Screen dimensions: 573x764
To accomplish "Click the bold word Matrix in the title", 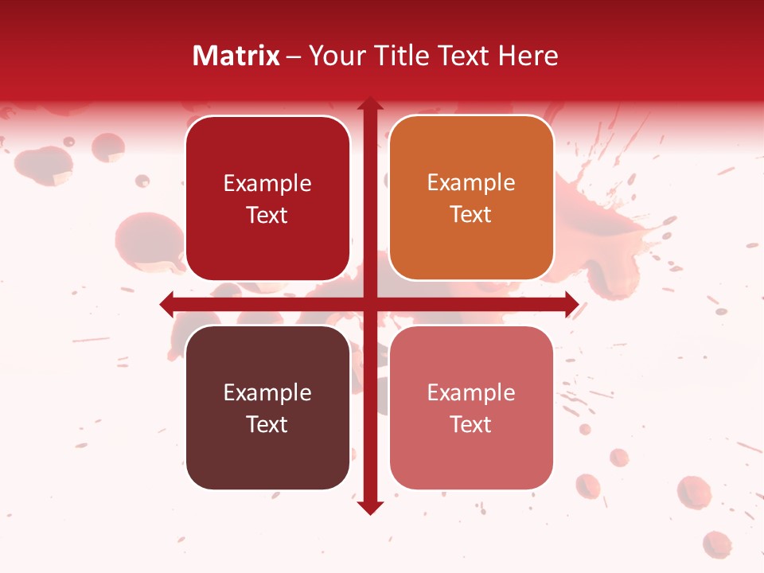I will click(236, 56).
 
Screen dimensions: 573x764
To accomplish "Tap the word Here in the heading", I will click(528, 56).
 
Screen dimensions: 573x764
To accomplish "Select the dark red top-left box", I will click(267, 155).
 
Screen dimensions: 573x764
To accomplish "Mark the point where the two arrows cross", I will click(370, 304).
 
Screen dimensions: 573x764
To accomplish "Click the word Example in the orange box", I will click(471, 182).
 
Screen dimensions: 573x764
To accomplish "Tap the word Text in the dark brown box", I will click(267, 424).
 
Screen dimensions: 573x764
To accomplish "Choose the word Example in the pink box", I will click(471, 392).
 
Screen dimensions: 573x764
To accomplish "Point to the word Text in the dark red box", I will click(267, 215).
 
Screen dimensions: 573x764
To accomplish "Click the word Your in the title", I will click(333, 56).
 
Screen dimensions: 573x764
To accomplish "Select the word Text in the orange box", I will click(471, 214).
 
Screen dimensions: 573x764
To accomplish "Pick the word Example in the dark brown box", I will click(267, 392).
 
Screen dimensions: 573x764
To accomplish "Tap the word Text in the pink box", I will click(471, 424).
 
